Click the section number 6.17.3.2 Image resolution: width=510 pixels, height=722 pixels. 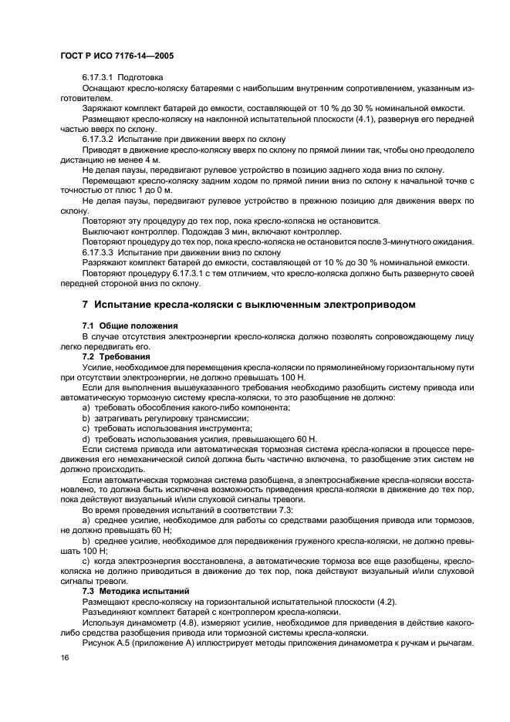(x=97, y=138)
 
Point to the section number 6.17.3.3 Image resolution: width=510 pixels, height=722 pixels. (x=97, y=251)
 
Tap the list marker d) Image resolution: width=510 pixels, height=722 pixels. (x=86, y=438)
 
